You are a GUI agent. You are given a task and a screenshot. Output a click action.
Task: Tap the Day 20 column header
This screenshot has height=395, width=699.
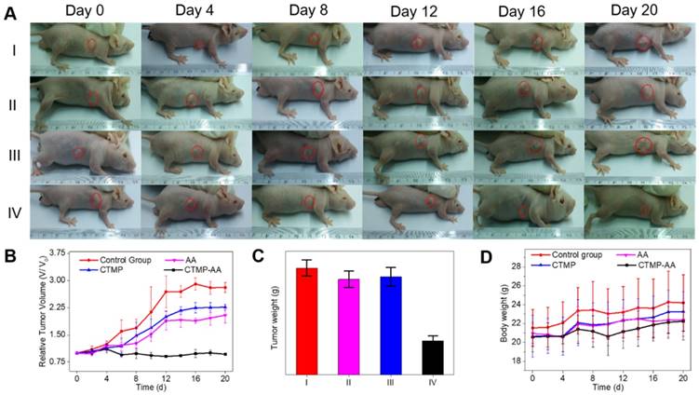pos(641,10)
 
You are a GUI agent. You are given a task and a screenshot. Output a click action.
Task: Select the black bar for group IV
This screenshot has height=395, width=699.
pos(432,356)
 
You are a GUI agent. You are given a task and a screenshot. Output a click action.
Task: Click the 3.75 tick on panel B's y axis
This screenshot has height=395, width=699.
pos(52,252)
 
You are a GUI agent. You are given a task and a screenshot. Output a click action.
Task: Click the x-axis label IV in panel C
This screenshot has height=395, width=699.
pos(432,382)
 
